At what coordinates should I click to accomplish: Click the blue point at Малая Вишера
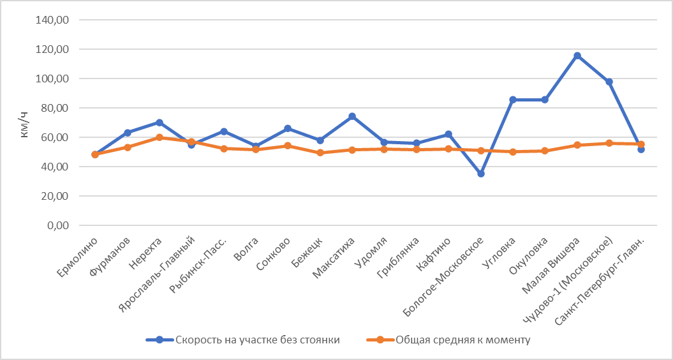pyautogui.click(x=577, y=56)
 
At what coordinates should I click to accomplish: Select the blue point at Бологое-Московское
pyautogui.click(x=481, y=174)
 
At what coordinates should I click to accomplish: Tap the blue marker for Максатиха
pyautogui.click(x=352, y=117)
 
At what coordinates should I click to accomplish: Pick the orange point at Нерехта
pyautogui.click(x=159, y=137)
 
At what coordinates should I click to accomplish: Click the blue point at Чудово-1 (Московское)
pyautogui.click(x=609, y=82)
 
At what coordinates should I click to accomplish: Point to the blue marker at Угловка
pyautogui.click(x=513, y=100)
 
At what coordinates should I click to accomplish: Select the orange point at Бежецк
pyautogui.click(x=320, y=153)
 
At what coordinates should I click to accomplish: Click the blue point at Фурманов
pyautogui.click(x=128, y=133)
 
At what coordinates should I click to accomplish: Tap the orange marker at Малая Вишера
pyautogui.click(x=577, y=145)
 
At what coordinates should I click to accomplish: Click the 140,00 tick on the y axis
pyautogui.click(x=55, y=20)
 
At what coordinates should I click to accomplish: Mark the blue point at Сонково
pyautogui.click(x=288, y=128)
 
